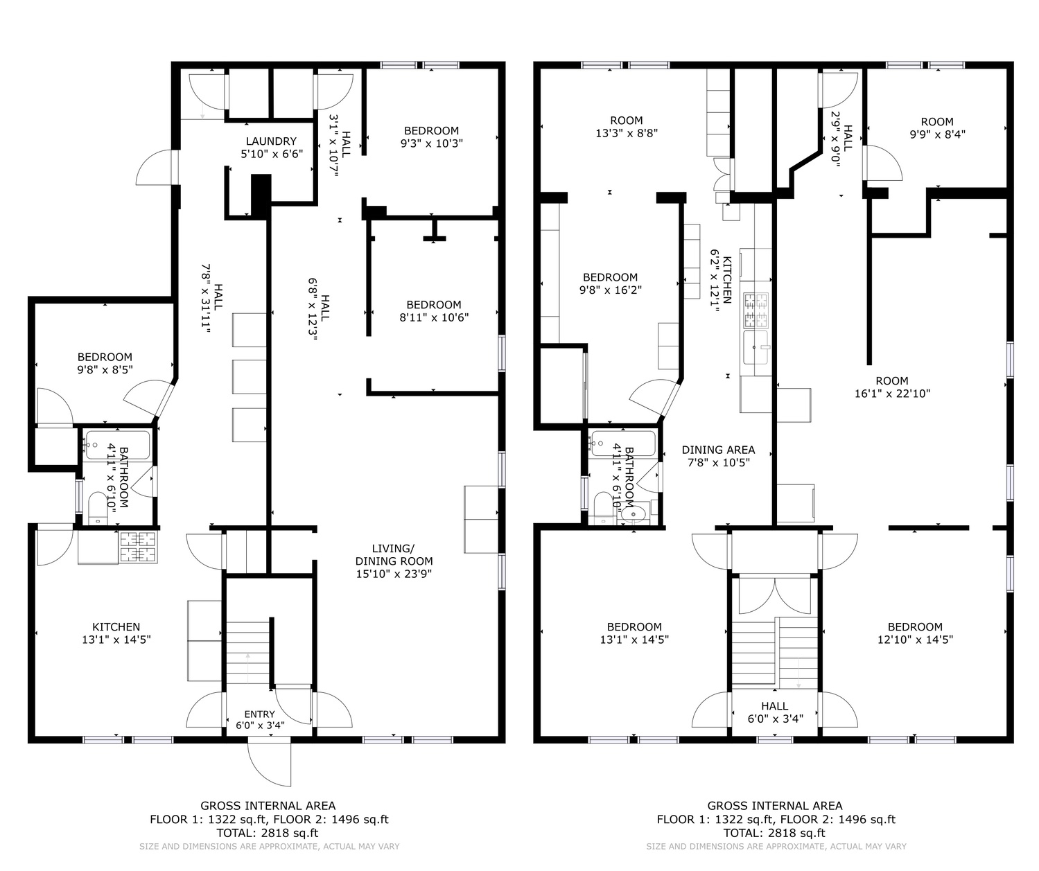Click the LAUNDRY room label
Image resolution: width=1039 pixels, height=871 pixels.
click(271, 141)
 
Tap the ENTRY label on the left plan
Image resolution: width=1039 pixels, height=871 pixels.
click(259, 714)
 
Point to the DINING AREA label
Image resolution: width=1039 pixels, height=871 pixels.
click(718, 450)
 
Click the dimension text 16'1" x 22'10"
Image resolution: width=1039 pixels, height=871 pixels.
click(892, 394)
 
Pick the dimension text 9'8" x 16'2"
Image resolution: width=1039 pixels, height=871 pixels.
click(610, 290)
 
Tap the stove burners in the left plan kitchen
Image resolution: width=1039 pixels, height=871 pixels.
click(138, 547)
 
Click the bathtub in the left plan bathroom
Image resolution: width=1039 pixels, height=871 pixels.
click(118, 445)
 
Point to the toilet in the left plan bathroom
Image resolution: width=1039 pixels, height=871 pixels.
click(98, 509)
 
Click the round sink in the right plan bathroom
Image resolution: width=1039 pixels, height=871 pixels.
click(632, 514)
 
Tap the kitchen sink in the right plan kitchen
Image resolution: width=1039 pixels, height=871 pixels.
click(756, 347)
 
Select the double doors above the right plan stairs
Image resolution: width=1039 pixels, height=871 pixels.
click(775, 595)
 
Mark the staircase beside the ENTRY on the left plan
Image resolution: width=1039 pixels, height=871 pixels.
click(248, 652)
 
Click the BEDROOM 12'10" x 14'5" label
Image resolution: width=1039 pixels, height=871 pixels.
click(915, 633)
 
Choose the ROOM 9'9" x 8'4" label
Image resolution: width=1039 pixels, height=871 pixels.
click(938, 127)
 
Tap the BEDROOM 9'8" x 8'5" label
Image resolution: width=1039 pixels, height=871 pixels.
click(105, 363)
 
